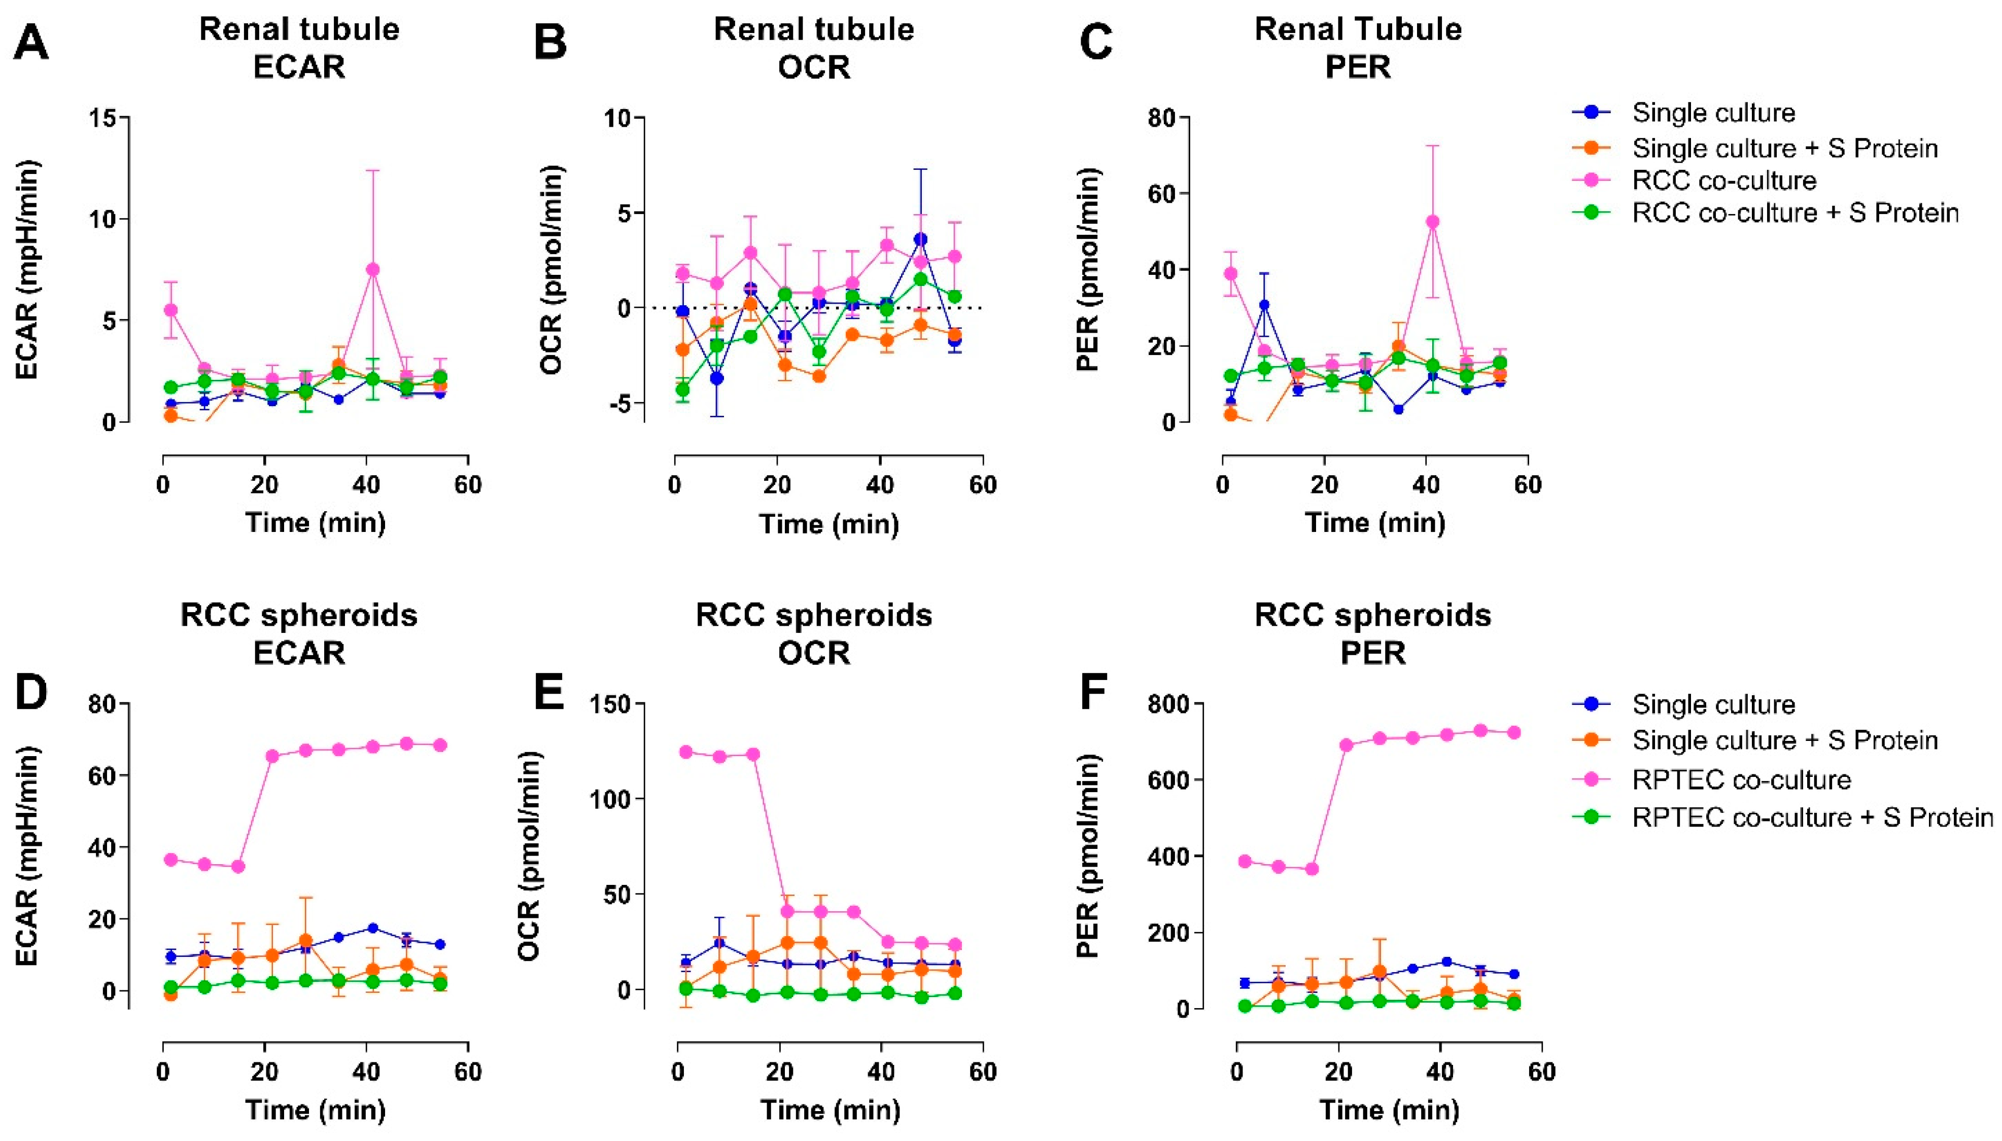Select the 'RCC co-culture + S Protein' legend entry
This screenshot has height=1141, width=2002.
click(x=1795, y=212)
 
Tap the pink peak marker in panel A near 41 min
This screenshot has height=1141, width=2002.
click(x=372, y=270)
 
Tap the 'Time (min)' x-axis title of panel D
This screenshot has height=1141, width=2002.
click(x=315, y=1110)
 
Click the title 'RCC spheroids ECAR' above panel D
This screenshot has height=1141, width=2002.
click(x=299, y=634)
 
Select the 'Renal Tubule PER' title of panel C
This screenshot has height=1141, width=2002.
click(x=1358, y=48)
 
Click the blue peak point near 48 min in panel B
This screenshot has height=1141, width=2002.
click(x=920, y=239)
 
